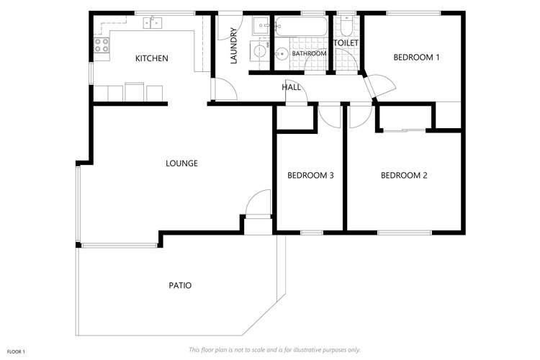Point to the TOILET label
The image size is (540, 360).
346,43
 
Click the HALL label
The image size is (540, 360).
291,87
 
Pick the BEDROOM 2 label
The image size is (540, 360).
404,175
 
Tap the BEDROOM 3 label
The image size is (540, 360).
310,175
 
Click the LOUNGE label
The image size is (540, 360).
181,163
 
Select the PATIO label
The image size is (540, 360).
180,285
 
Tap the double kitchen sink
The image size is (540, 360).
152,22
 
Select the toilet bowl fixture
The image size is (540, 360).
346,27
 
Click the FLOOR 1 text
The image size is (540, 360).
16,351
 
